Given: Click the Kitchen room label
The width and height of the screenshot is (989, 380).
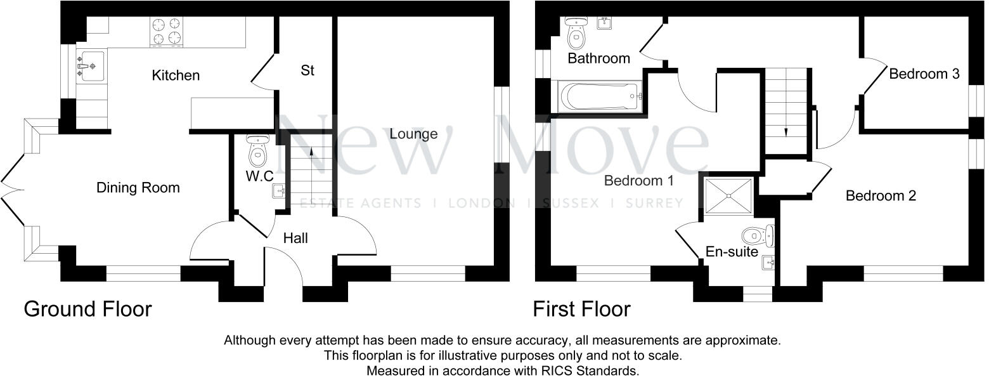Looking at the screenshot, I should pyautogui.click(x=176, y=75).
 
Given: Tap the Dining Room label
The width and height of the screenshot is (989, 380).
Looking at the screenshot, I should pyautogui.click(x=138, y=188).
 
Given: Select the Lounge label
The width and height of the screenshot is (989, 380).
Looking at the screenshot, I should pyautogui.click(x=413, y=134).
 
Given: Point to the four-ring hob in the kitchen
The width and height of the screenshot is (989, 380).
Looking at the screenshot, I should pyautogui.click(x=166, y=32).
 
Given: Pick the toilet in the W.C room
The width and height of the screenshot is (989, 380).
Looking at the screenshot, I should pyautogui.click(x=257, y=152).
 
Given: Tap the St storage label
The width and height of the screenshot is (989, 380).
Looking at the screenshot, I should pyautogui.click(x=307, y=70).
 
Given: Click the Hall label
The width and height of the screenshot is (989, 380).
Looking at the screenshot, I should pyautogui.click(x=295, y=238).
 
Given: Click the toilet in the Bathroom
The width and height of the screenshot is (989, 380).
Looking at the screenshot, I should pyautogui.click(x=576, y=36).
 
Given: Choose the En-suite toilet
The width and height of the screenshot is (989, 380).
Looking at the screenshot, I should pyautogui.click(x=759, y=236).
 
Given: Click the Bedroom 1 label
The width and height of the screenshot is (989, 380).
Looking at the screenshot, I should pyautogui.click(x=638, y=181).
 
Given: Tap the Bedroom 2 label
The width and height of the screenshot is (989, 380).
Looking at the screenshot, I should pyautogui.click(x=881, y=195).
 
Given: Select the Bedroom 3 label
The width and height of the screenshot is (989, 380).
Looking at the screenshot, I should pyautogui.click(x=924, y=74).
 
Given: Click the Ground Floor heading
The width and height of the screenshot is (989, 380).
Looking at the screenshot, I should pyautogui.click(x=87, y=309).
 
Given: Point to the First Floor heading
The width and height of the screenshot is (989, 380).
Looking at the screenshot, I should pyautogui.click(x=581, y=309).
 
